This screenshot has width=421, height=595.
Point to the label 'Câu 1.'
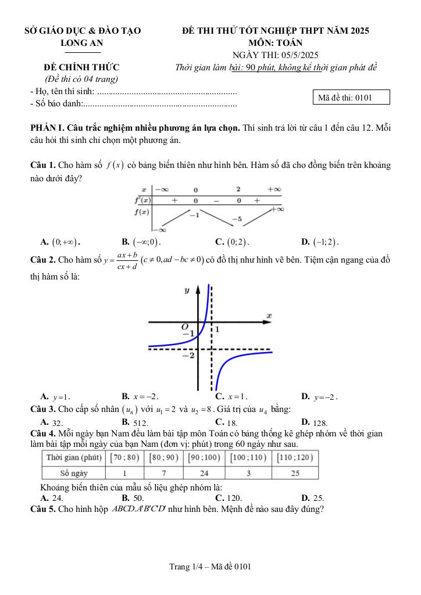(x=44, y=165)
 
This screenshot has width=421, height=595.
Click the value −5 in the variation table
(x=237, y=219)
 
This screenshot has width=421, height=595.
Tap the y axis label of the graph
(x=187, y=289)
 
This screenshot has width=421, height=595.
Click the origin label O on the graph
(x=185, y=326)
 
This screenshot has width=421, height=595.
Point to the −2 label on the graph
(x=188, y=355)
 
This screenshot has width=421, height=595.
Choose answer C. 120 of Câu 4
(x=228, y=498)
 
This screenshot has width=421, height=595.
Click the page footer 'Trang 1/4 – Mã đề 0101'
(x=211, y=567)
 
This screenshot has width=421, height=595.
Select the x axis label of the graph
(x=269, y=316)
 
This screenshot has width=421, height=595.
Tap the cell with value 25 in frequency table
(x=295, y=472)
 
